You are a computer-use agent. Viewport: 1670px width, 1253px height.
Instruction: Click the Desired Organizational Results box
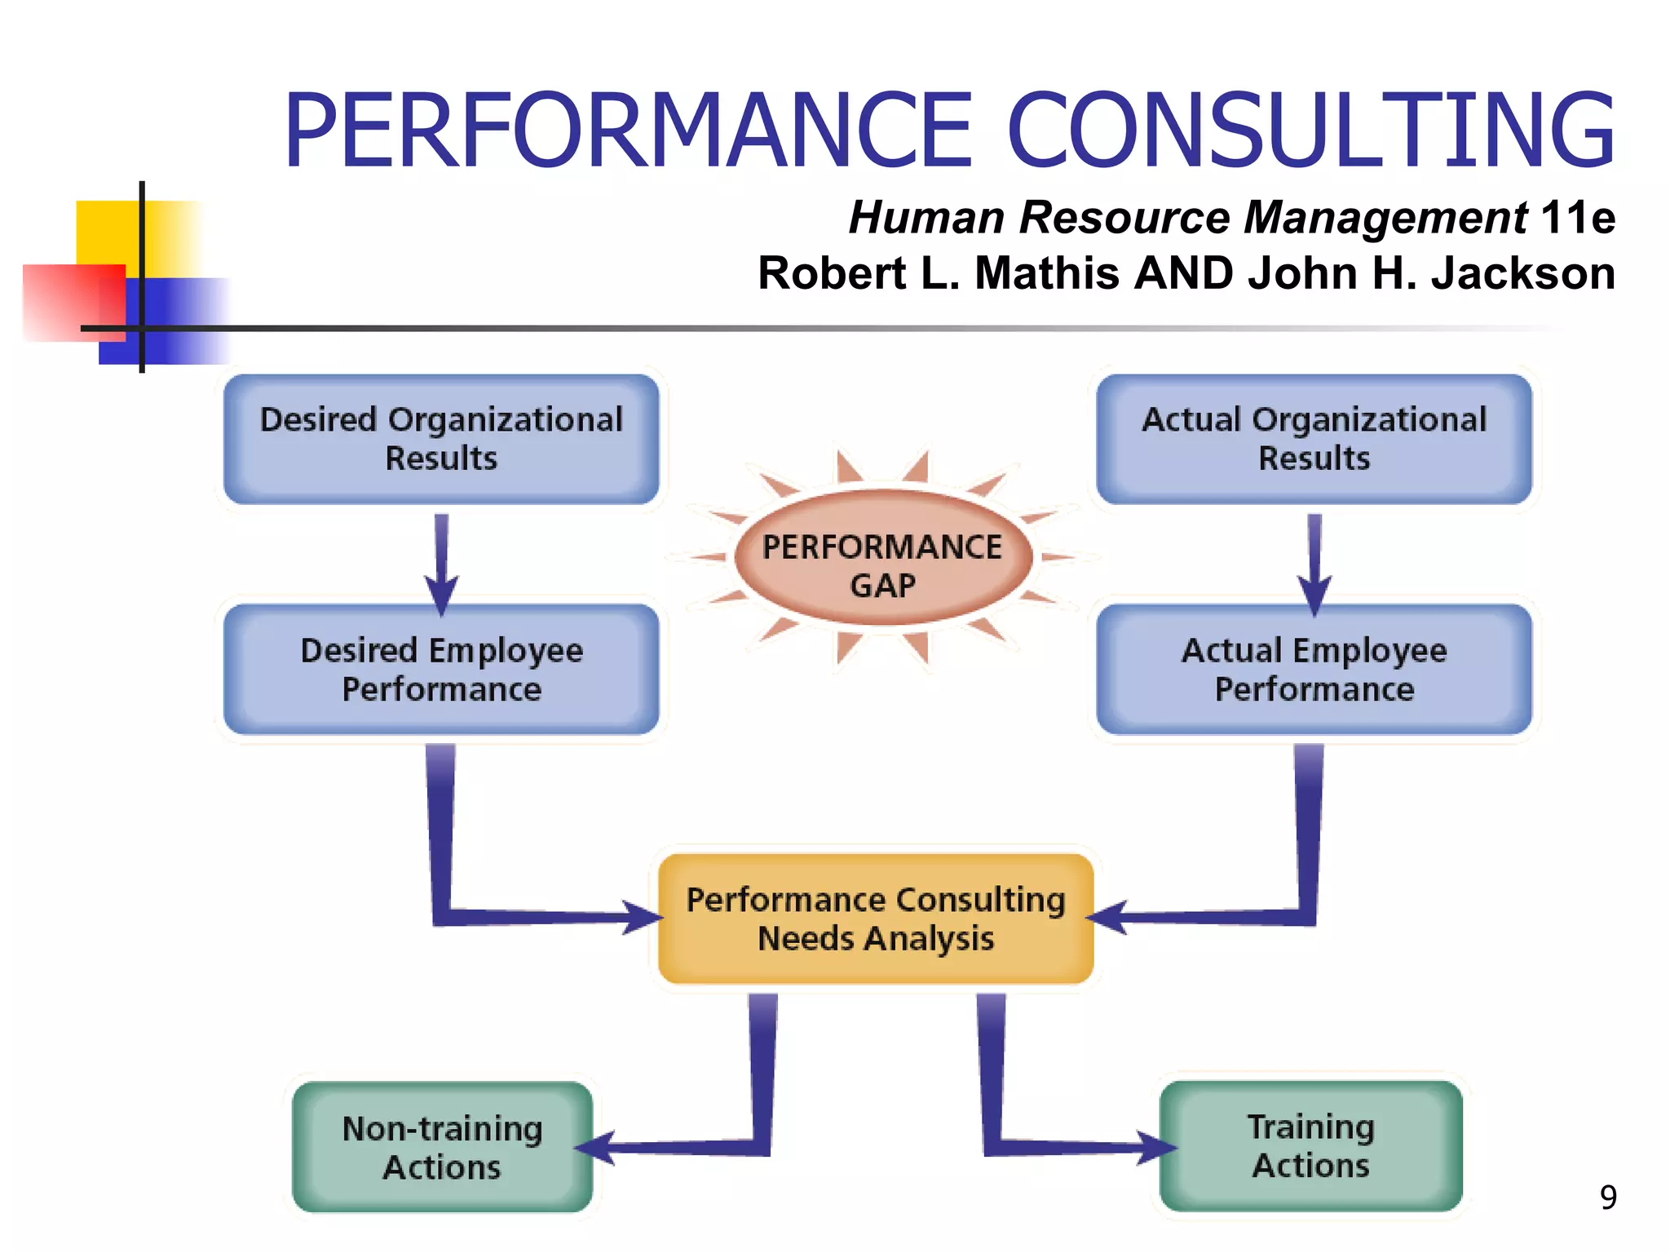click(441, 439)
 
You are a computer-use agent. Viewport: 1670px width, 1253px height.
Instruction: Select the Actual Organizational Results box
click(1314, 439)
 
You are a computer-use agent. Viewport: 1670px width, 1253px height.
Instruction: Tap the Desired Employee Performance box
click(441, 669)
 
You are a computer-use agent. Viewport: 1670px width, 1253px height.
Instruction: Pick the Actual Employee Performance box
click(1314, 669)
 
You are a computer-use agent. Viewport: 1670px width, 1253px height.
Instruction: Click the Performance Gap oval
click(883, 559)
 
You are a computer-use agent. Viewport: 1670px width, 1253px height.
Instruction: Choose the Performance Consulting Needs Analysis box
click(875, 919)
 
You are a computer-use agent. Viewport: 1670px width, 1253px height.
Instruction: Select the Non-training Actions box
click(442, 1147)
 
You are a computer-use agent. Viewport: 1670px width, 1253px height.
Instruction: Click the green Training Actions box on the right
click(1310, 1145)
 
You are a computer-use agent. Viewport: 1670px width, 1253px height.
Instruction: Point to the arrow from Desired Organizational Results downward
click(441, 563)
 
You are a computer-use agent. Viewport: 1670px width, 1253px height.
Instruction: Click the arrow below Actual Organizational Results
click(1314, 563)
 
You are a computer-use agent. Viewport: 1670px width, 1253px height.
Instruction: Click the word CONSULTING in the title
click(1310, 131)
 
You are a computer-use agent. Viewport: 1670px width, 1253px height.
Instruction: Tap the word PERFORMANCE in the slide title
click(628, 131)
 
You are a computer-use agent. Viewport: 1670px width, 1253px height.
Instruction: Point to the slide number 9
click(1607, 1198)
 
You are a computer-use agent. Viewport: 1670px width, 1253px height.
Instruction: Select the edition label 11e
click(1577, 218)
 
